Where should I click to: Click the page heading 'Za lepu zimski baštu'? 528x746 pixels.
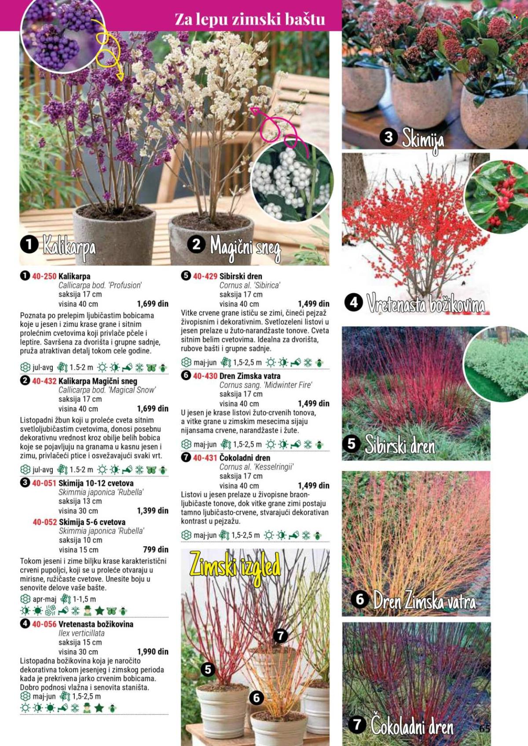[x=249, y=19]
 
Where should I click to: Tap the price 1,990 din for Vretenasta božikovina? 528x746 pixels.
[x=153, y=651]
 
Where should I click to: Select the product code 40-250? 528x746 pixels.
[x=44, y=277]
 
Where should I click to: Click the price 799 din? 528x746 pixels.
[x=156, y=549]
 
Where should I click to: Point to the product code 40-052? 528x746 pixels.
[x=44, y=522]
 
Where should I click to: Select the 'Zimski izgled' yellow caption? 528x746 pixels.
[x=235, y=567]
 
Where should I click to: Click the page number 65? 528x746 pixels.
[x=484, y=728]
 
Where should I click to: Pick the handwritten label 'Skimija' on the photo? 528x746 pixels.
[x=422, y=139]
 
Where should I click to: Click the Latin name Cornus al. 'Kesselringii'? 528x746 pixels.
[x=256, y=467]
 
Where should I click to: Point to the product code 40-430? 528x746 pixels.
[x=205, y=376]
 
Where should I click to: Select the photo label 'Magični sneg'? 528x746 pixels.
[x=245, y=248]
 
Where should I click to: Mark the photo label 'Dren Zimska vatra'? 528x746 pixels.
[x=424, y=600]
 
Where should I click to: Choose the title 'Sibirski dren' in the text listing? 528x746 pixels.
[x=241, y=277]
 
